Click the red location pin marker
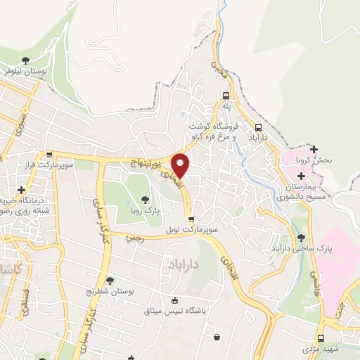click(181, 165)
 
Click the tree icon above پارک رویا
click(146, 200)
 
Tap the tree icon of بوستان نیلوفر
click(25, 60)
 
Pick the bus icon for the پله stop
click(226, 96)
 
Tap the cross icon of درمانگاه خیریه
click(22, 190)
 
